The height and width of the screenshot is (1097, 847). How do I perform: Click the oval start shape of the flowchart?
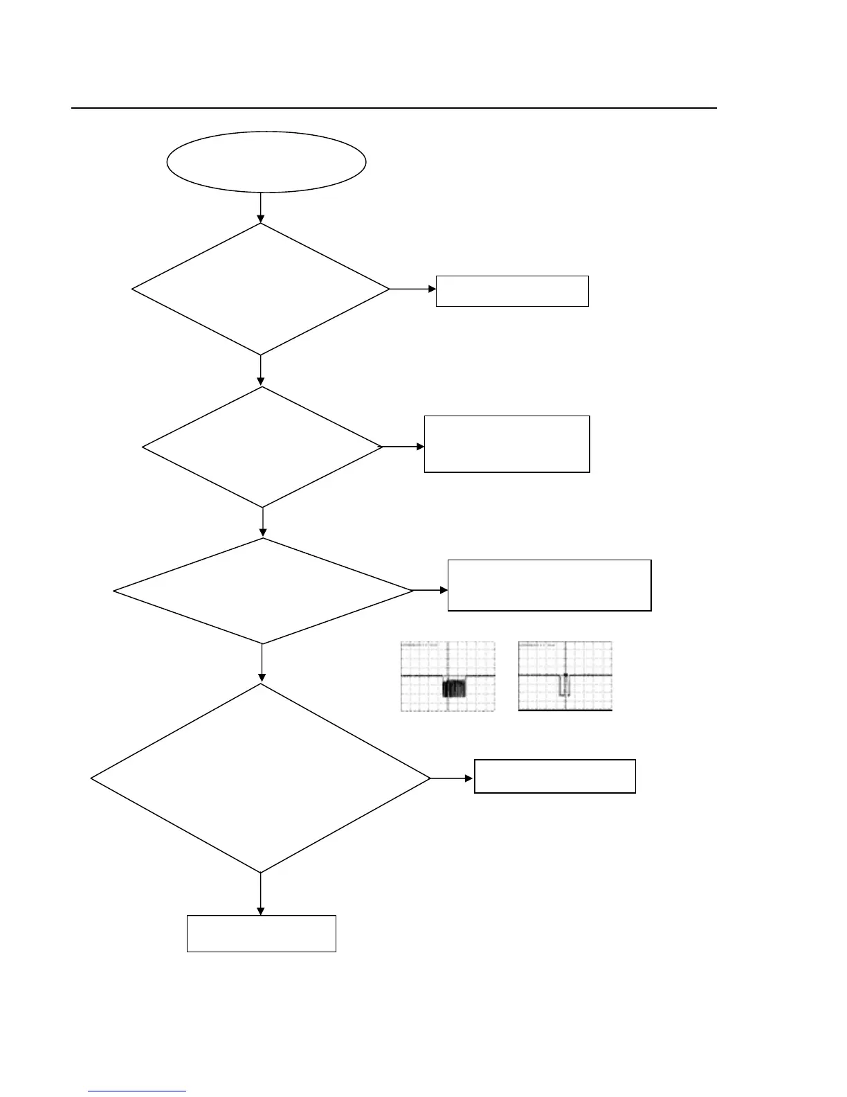266,161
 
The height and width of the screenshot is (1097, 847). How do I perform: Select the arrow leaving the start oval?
261,207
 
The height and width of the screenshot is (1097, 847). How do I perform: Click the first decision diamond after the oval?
261,289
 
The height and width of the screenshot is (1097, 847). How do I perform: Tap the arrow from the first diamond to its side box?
413,289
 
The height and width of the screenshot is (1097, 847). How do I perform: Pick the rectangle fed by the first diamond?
512,291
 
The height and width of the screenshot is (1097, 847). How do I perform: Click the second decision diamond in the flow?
262,447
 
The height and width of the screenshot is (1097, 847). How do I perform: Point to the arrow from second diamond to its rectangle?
403,447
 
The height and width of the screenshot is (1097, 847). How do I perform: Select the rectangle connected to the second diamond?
507,444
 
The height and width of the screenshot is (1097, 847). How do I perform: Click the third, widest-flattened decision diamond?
263,591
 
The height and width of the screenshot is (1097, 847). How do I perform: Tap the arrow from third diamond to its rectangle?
430,591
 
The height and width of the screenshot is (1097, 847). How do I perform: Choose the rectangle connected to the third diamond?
549,585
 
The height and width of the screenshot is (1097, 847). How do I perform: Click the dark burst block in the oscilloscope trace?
455,688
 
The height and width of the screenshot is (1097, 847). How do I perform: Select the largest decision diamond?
261,778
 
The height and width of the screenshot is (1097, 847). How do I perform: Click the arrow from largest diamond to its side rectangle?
452,778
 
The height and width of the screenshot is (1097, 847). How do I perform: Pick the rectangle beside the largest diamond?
555,776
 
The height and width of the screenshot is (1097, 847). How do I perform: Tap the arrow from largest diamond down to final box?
261,894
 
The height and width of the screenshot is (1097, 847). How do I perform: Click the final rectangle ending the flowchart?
262,934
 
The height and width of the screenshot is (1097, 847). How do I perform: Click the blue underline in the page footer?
137,1091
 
